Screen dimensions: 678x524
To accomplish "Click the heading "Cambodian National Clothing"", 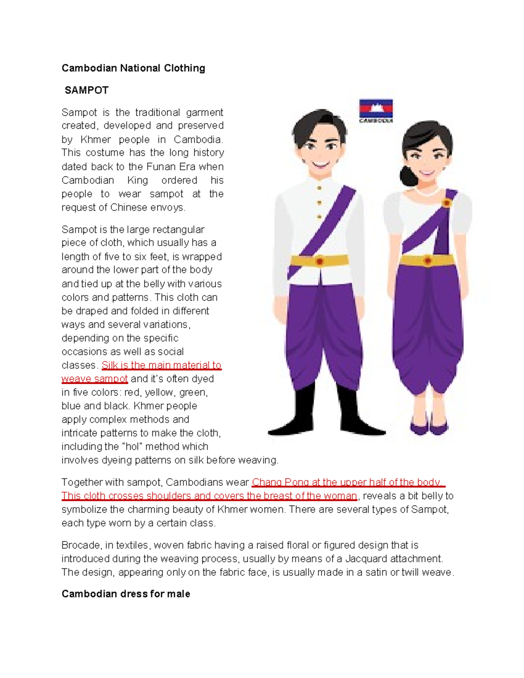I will click(133, 68).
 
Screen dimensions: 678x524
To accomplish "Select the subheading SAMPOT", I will click(86, 90).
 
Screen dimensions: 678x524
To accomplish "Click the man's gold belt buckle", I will click(320, 261).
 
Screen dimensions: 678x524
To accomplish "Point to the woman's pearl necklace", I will click(427, 191).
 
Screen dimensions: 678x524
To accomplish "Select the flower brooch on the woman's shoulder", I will click(446, 203).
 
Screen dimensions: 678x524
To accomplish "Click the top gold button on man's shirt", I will click(320, 188).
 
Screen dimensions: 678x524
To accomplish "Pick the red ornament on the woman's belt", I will click(427, 261).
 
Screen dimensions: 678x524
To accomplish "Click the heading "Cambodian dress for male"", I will click(126, 594).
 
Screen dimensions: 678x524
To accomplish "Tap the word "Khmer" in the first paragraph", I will click(96, 140).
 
